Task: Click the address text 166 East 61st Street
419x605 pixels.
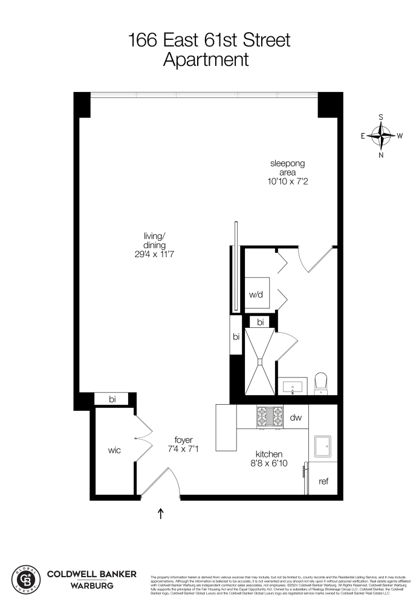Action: (209, 41)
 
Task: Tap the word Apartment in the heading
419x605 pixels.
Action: (209, 60)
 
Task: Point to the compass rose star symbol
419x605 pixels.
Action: (382, 136)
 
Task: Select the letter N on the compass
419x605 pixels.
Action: (382, 155)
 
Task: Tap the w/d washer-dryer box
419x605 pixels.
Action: (256, 295)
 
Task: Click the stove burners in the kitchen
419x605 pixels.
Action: (270, 417)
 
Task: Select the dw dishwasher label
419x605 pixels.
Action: (296, 417)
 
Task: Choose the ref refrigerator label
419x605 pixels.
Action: (323, 482)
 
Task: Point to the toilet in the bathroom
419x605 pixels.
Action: (322, 382)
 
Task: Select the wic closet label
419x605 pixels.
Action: (114, 450)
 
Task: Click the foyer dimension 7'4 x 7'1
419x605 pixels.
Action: (183, 450)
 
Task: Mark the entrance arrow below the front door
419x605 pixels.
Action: (160, 514)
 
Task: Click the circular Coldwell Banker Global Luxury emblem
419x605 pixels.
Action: (26, 578)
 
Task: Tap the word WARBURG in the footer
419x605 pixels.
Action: (91, 584)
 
